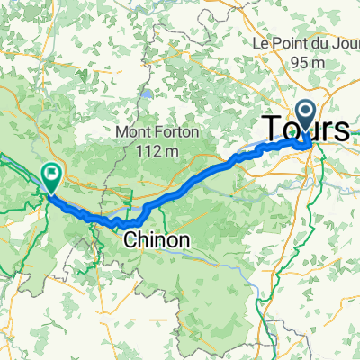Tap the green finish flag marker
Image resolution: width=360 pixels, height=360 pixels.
pos(51,176)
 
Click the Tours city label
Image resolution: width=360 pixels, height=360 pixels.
pos(305,129)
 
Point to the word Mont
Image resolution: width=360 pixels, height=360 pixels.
pos(136,133)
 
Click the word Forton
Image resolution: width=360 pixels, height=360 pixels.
pos(178,133)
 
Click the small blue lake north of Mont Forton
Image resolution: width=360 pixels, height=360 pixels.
pos(143,93)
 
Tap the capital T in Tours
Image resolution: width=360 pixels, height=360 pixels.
pos(270,129)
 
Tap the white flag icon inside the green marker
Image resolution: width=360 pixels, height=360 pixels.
pos(51,174)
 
